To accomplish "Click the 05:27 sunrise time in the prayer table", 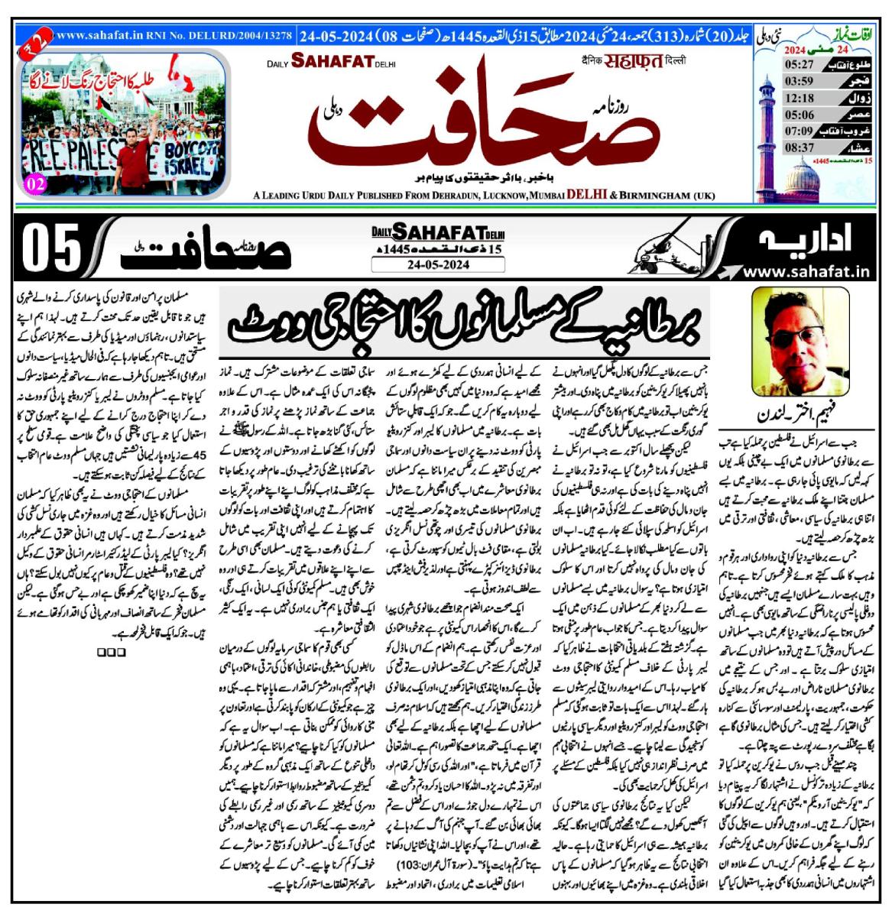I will click(779, 63).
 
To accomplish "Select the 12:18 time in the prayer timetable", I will click(779, 97).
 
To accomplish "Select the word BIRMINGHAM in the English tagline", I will click(657, 196).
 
